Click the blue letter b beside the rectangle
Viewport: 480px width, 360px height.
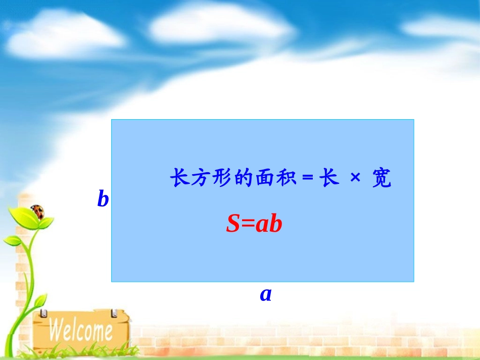click(x=103, y=199)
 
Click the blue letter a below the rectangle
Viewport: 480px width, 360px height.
click(x=266, y=294)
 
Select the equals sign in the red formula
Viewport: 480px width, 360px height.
click(x=248, y=224)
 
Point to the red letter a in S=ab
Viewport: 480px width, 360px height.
click(x=261, y=224)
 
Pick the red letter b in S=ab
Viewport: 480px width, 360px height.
click(x=275, y=224)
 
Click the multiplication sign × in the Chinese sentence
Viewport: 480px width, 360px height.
click(x=355, y=179)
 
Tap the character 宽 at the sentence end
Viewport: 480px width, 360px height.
click(x=381, y=179)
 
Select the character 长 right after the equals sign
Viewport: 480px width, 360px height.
click(x=329, y=179)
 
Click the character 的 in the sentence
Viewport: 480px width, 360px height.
click(x=244, y=179)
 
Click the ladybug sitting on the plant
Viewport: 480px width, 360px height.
click(x=37, y=211)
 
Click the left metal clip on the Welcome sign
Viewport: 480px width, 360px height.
click(x=44, y=313)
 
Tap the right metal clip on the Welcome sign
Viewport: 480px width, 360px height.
click(x=114, y=313)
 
